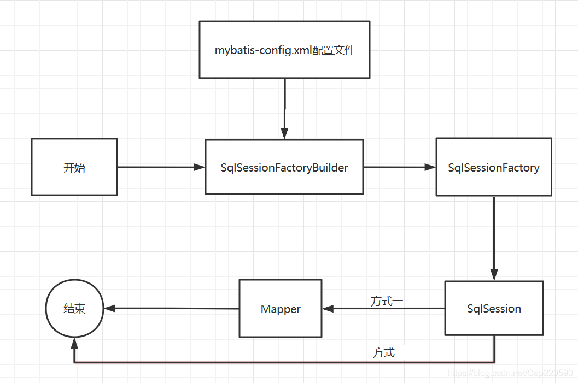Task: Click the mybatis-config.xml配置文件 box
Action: pos(284,50)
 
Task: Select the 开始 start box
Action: pos(74,167)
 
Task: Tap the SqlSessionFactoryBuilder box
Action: pos(284,167)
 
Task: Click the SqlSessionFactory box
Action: pos(494,167)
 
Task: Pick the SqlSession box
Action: pos(494,309)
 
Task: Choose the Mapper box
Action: pos(281,309)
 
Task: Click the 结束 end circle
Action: pos(74,309)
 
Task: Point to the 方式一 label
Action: pos(387,301)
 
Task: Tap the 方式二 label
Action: pos(389,353)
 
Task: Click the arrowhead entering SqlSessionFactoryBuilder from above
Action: pos(284,133)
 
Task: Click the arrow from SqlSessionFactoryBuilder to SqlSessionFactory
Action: pos(399,167)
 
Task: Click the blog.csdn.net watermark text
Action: pos(510,373)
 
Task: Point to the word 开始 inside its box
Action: pos(74,168)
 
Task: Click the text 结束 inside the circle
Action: pos(74,309)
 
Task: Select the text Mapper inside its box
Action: pos(281,309)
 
